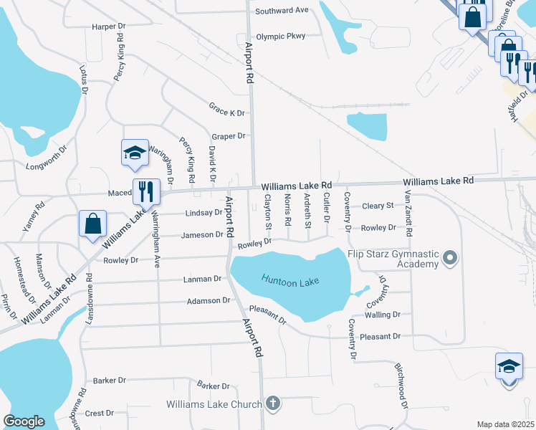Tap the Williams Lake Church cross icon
(272, 403)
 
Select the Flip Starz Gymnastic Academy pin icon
(450, 256)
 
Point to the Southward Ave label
(282, 10)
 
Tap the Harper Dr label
(109, 27)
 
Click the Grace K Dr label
(227, 113)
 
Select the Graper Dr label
(229, 135)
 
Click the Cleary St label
(378, 206)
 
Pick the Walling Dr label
(382, 315)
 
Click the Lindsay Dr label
(204, 213)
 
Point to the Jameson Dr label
(203, 235)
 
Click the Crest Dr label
(100, 414)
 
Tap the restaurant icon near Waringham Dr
(146, 191)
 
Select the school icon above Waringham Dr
(135, 153)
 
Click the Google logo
(24, 421)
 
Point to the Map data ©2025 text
(504, 424)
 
